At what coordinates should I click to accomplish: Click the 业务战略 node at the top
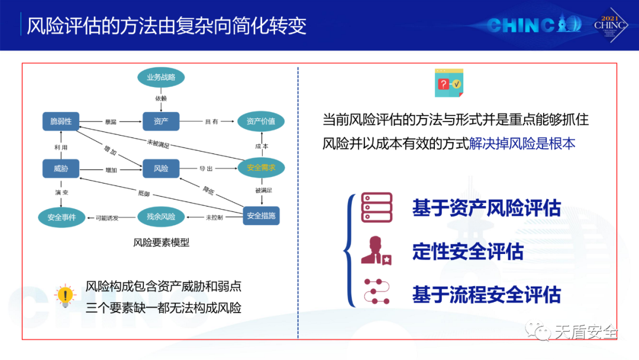tap(161, 77)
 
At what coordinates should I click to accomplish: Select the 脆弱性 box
tap(61, 121)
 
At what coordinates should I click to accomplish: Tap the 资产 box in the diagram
tap(161, 121)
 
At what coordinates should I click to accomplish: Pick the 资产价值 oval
tap(261, 121)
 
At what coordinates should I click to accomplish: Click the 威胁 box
tap(61, 169)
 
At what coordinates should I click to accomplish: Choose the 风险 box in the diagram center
tap(161, 169)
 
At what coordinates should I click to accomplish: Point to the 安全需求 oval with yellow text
tap(261, 168)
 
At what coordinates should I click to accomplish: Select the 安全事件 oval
tap(62, 217)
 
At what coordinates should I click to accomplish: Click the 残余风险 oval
tap(161, 217)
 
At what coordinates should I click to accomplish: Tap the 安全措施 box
tap(261, 216)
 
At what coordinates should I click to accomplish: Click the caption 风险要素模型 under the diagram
tap(161, 242)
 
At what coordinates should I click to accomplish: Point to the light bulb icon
tap(64, 294)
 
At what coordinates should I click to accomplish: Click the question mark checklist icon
tap(449, 83)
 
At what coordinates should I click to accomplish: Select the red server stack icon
tap(377, 207)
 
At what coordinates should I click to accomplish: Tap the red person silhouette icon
tap(376, 250)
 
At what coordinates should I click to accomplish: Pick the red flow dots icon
tap(377, 292)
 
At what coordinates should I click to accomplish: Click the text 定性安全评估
tap(467, 252)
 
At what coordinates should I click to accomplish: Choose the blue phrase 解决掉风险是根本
tap(522, 144)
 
